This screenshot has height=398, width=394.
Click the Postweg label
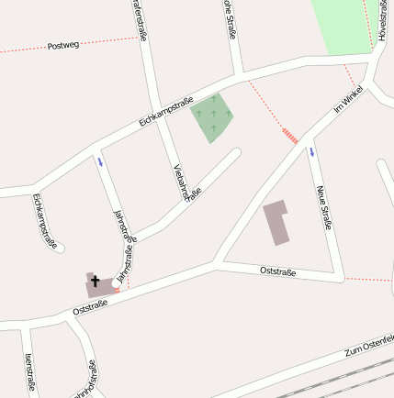click(63, 44)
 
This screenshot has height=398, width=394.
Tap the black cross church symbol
click(95, 281)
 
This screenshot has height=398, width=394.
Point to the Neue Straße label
click(323, 207)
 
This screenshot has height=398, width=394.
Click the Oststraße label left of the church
click(90, 307)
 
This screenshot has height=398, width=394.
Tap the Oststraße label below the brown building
click(277, 271)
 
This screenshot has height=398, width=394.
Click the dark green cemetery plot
click(212, 116)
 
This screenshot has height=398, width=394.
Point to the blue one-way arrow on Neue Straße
click(311, 151)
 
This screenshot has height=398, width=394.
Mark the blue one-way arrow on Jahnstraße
click(100, 162)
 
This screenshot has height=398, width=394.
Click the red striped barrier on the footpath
click(289, 136)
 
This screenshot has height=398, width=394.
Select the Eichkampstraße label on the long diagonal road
click(165, 111)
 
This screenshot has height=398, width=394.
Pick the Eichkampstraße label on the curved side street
click(44, 220)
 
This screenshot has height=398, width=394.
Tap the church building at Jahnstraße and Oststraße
click(100, 285)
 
